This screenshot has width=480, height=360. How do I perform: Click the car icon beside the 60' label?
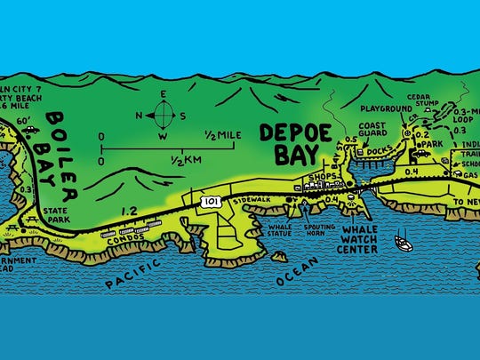32,129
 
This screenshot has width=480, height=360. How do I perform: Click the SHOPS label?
316,176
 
